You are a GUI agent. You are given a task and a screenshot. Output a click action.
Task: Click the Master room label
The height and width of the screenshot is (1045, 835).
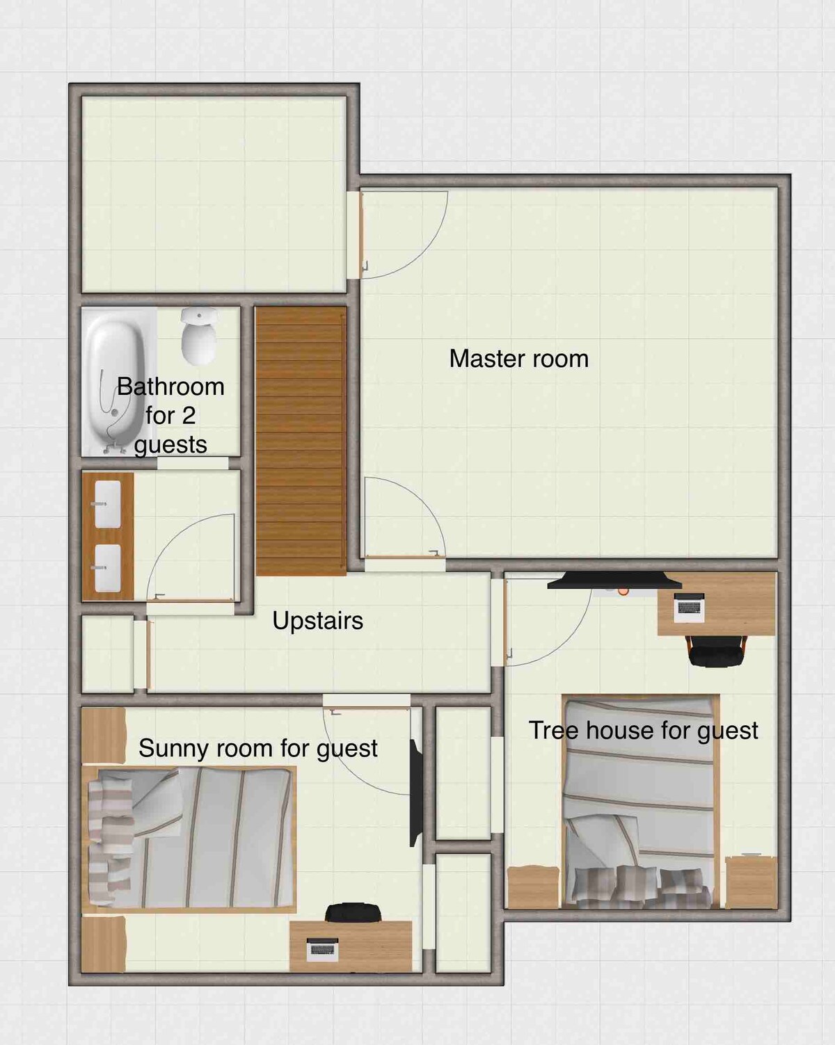pyautogui.click(x=518, y=359)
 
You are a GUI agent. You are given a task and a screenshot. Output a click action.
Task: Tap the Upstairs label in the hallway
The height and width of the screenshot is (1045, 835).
pyautogui.click(x=317, y=621)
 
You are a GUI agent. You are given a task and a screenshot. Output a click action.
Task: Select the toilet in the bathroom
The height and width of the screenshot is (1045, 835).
pyautogui.click(x=199, y=336)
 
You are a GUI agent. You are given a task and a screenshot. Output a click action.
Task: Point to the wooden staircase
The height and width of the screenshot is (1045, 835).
pyautogui.click(x=301, y=441)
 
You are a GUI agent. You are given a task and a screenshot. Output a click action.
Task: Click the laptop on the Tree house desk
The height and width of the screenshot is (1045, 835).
pyautogui.click(x=689, y=607)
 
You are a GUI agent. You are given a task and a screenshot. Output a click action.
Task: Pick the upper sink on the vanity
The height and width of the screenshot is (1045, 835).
pyautogui.click(x=107, y=504)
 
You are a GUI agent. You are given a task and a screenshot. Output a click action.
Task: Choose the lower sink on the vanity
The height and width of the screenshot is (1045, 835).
pyautogui.click(x=107, y=567)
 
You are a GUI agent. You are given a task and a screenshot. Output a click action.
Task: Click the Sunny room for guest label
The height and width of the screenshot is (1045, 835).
pyautogui.click(x=258, y=748)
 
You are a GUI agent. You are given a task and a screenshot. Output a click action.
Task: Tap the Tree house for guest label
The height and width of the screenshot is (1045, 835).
pyautogui.click(x=643, y=731)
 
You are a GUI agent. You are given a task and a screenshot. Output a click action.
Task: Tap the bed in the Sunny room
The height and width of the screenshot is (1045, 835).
pyautogui.click(x=189, y=840)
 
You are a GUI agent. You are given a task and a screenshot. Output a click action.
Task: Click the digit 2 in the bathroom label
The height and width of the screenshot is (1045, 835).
pyautogui.click(x=189, y=416)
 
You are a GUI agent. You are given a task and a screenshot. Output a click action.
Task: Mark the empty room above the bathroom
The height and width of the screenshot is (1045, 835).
pyautogui.click(x=214, y=194)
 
